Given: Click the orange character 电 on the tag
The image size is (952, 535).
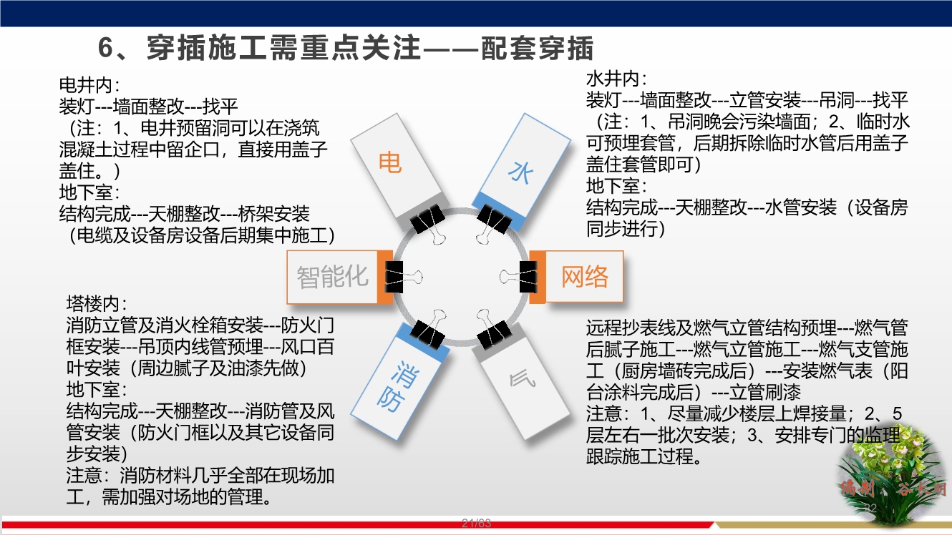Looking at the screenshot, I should pyautogui.click(x=390, y=163).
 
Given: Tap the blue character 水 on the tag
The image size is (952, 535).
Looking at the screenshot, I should pyautogui.click(x=520, y=172).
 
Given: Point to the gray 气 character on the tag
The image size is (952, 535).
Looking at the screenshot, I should pyautogui.click(x=522, y=379).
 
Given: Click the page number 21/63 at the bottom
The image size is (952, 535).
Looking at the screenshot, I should pyautogui.click(x=476, y=523).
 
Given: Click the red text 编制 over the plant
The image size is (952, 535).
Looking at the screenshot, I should pyautogui.click(x=858, y=489).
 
